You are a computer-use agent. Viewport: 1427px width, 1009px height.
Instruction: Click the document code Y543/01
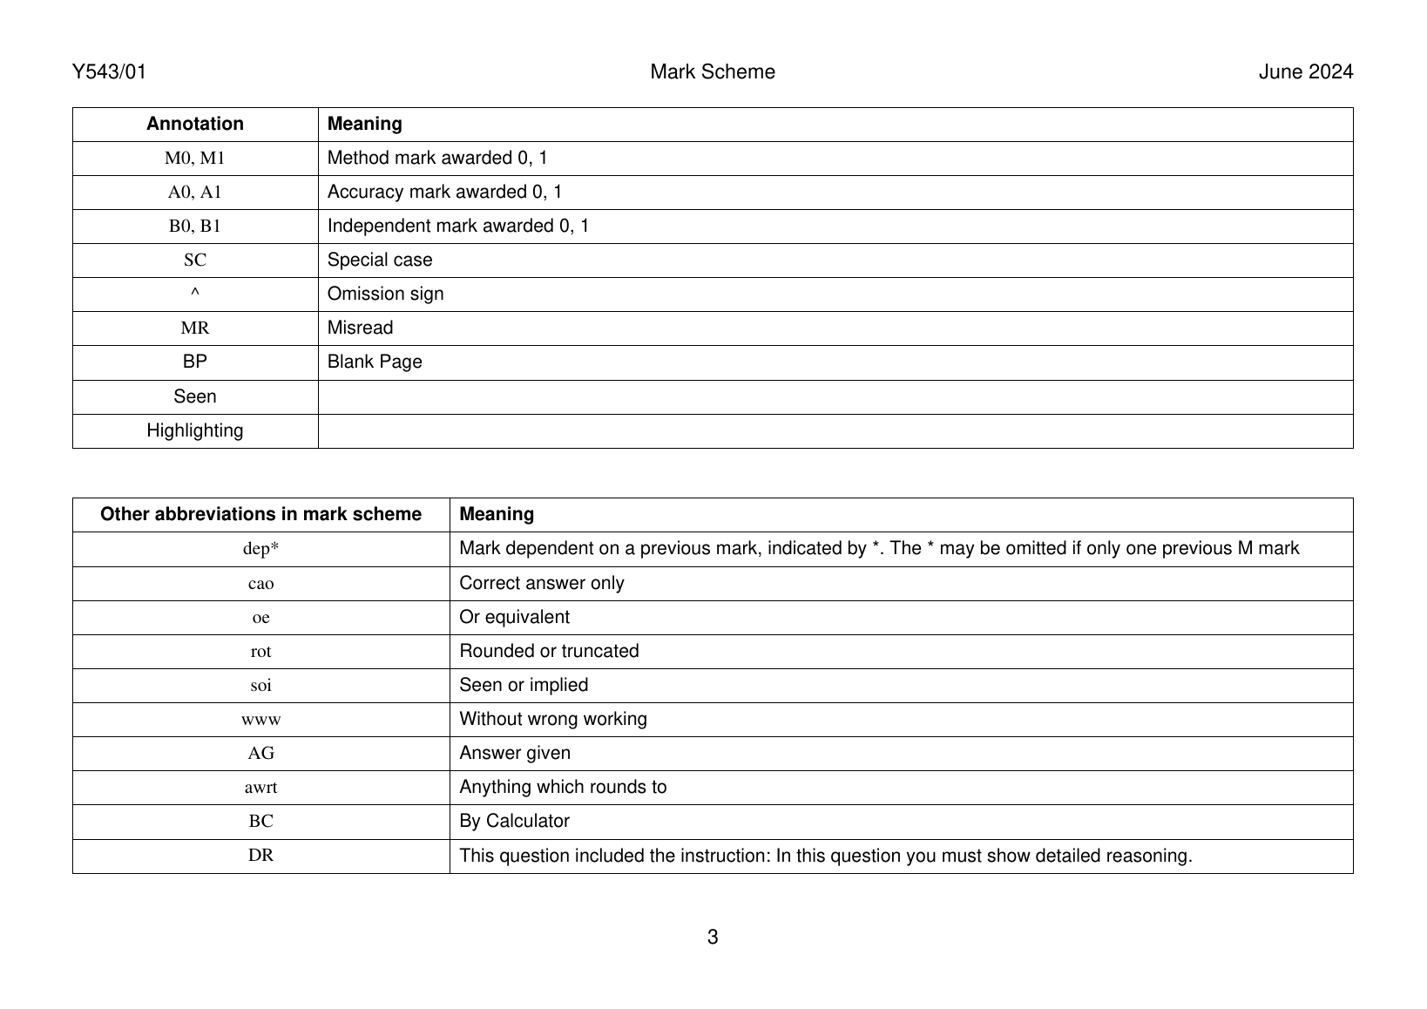[x=109, y=72]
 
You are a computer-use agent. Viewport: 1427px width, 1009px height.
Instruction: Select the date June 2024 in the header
[x=1305, y=72]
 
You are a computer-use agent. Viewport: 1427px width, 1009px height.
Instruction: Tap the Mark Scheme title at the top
[x=712, y=72]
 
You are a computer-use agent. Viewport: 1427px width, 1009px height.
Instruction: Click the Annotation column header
[x=195, y=124]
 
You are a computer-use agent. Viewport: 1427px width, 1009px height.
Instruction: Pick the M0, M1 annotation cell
[x=195, y=159]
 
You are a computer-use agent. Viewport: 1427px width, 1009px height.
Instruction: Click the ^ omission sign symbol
[x=195, y=295]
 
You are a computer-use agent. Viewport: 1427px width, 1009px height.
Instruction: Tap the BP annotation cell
[x=195, y=362]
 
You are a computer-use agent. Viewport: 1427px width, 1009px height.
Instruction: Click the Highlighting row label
[x=195, y=431]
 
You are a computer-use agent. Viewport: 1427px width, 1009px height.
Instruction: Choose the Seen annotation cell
[x=195, y=397]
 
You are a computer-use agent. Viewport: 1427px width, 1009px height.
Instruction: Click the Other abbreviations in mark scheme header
[x=260, y=514]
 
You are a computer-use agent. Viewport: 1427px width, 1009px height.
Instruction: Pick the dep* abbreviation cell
[x=260, y=549]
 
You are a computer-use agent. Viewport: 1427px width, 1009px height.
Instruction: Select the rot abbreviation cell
[x=260, y=652]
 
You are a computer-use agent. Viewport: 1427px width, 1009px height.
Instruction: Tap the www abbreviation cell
[x=260, y=720]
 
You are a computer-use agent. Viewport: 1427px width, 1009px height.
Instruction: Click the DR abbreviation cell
[x=260, y=856]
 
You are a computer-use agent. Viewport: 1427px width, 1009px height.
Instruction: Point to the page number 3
[x=713, y=938]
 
